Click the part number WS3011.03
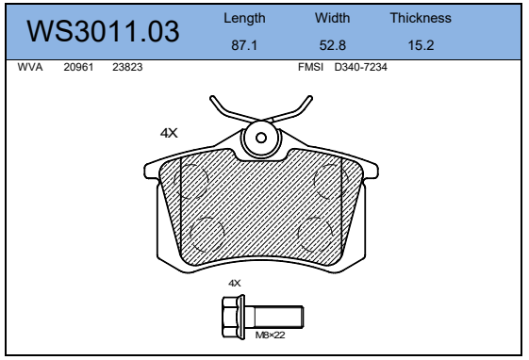coord(103,31)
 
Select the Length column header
coord(244,18)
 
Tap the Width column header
coord(332,18)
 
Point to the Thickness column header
coord(421,18)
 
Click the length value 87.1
coord(244,45)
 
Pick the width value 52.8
coord(332,45)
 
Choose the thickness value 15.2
coord(421,45)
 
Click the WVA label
coord(30,67)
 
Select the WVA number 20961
coord(78,67)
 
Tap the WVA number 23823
coord(127,67)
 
